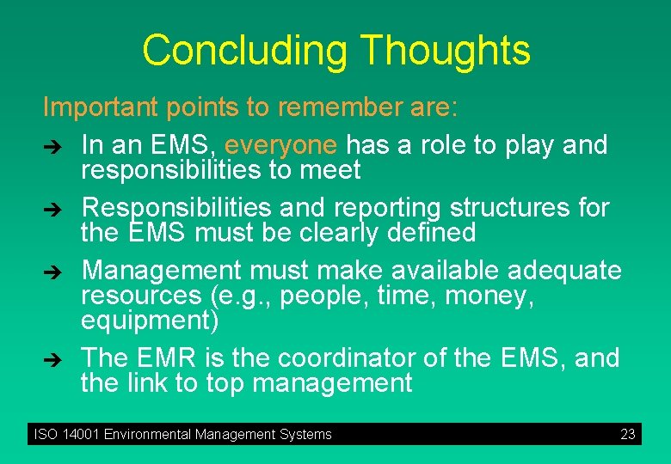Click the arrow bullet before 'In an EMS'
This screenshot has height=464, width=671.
click(x=51, y=147)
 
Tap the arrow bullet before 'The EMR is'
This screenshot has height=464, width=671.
click(x=51, y=359)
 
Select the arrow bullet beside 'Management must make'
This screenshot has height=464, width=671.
click(x=51, y=272)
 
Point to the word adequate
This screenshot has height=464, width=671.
click(x=564, y=271)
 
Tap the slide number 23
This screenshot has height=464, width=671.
click(x=627, y=435)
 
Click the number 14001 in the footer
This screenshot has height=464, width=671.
click(x=80, y=435)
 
